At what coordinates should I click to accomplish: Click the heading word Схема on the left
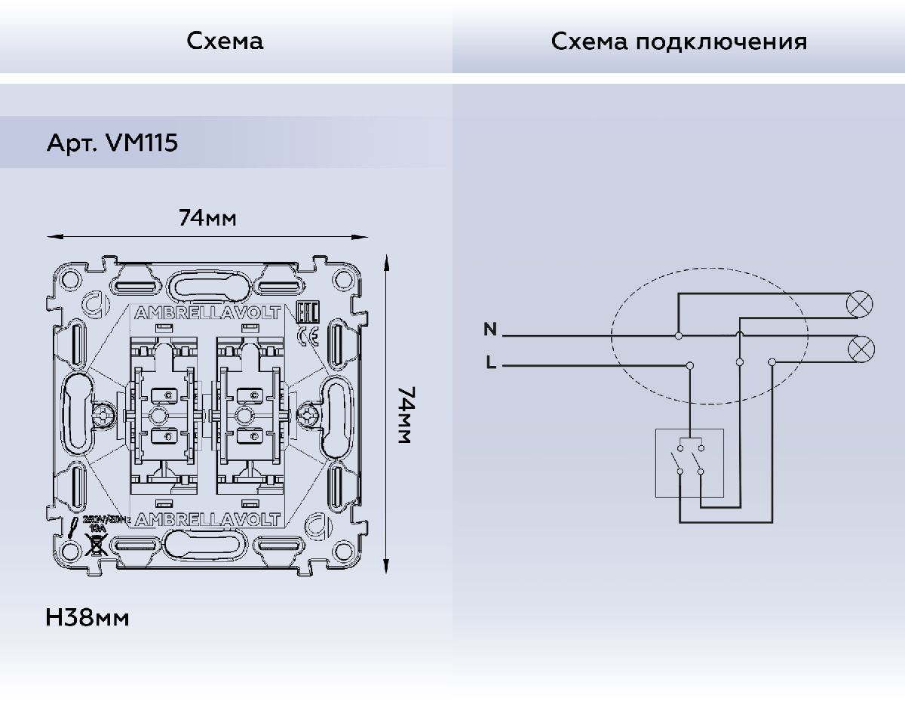pyautogui.click(x=225, y=41)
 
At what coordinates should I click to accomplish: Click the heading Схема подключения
pyautogui.click(x=678, y=41)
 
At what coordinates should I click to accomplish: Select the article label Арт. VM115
pyautogui.click(x=112, y=143)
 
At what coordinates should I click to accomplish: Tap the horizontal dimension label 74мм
pyautogui.click(x=207, y=219)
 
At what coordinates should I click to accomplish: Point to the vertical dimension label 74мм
pyautogui.click(x=405, y=415)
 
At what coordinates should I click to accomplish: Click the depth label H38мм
pyautogui.click(x=87, y=618)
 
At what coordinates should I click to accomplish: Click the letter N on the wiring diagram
pyautogui.click(x=490, y=330)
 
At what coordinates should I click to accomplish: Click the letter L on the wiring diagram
pyautogui.click(x=491, y=364)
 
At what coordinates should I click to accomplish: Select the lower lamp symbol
pyautogui.click(x=861, y=347)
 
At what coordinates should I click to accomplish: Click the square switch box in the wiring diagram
pyautogui.click(x=689, y=463)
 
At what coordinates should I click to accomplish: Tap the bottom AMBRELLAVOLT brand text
pyautogui.click(x=207, y=519)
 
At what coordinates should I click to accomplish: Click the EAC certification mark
pyautogui.click(x=308, y=311)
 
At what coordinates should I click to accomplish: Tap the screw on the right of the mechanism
pyautogui.click(x=308, y=414)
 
